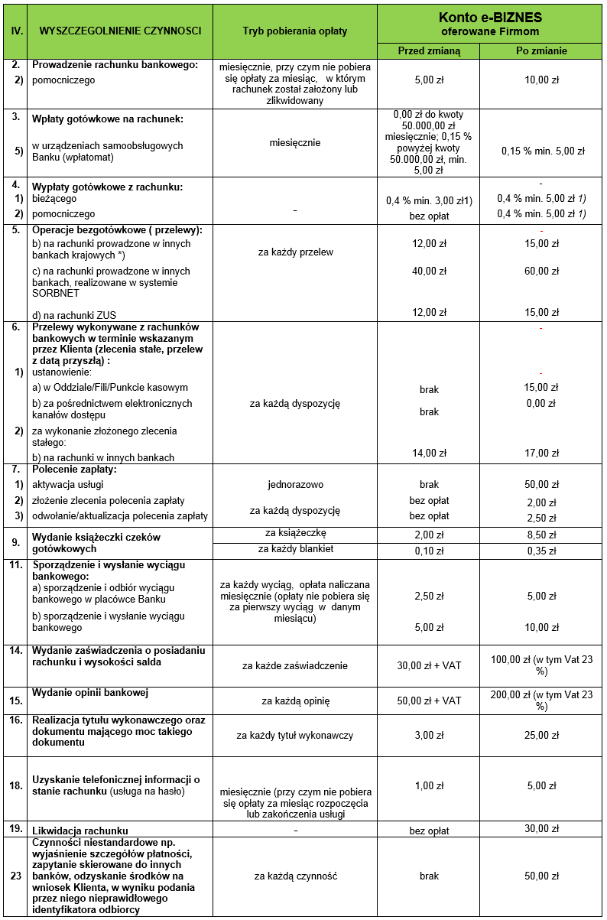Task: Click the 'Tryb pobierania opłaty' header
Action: pyautogui.click(x=294, y=31)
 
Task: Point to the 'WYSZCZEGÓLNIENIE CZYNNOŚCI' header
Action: pyautogui.click(x=119, y=31)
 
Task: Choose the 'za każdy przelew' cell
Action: pyautogui.click(x=294, y=252)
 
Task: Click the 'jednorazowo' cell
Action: pyautogui.click(x=294, y=485)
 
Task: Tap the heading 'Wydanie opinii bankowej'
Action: pyautogui.click(x=89, y=693)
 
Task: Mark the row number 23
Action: pyautogui.click(x=15, y=876)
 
